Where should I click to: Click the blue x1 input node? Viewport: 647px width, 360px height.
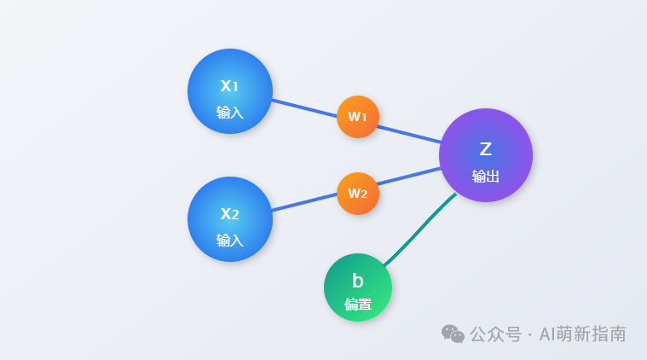(x=230, y=91)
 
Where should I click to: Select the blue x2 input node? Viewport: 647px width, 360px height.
(x=230, y=219)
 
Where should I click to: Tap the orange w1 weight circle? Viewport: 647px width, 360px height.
(x=358, y=117)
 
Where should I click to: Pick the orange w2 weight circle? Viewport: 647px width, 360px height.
(x=358, y=194)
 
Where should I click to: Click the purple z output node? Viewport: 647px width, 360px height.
(x=486, y=155)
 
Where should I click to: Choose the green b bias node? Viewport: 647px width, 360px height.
(x=358, y=287)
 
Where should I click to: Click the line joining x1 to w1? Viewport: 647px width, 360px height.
(x=304, y=108)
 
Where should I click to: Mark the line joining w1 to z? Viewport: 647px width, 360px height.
(x=409, y=134)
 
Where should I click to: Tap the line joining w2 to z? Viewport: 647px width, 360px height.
(x=409, y=177)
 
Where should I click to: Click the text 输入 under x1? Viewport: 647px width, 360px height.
(x=230, y=113)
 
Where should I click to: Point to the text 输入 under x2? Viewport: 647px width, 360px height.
(x=230, y=241)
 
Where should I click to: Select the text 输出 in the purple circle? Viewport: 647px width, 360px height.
(x=486, y=177)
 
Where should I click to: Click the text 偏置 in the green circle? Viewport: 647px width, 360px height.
(x=358, y=305)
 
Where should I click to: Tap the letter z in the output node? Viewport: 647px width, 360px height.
(x=486, y=149)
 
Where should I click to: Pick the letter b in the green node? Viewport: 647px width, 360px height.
(x=358, y=281)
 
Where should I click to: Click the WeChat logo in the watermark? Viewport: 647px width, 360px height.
(x=453, y=334)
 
